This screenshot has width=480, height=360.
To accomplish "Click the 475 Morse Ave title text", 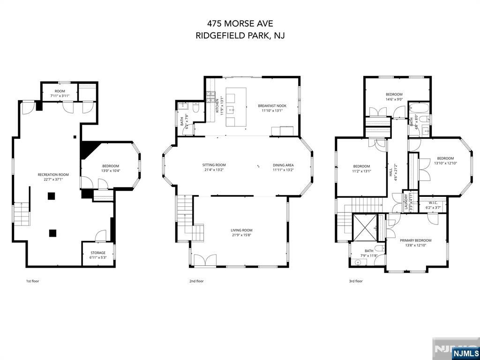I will [x=240, y=23].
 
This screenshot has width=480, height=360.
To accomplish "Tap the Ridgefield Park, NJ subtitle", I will [x=240, y=36].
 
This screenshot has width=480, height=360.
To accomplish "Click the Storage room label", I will [x=98, y=253].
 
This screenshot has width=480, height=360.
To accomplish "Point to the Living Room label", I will [x=241, y=230].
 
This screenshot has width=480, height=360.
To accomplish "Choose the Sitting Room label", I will [x=214, y=165].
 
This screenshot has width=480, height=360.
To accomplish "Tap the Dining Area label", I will [x=283, y=165].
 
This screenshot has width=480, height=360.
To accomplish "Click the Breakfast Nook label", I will [x=272, y=106].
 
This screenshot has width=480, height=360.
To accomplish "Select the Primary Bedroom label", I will [x=415, y=240].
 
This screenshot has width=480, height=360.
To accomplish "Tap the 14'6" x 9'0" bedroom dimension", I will [x=394, y=99].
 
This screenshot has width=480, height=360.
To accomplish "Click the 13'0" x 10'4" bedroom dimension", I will [x=111, y=171].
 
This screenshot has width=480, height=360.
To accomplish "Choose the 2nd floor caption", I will [x=196, y=281].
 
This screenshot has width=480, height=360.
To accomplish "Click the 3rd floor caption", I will [x=356, y=281].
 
